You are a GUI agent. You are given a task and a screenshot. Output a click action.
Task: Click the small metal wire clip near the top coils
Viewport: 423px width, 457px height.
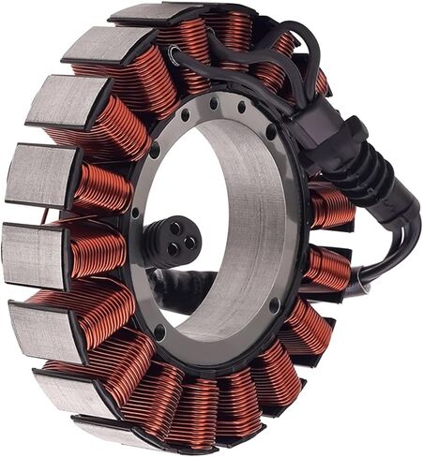coord(174,58)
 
